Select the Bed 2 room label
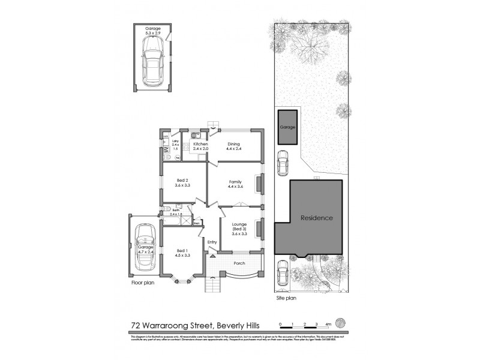pos(183,183)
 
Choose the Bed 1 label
pos(183,253)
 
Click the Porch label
pos(238,262)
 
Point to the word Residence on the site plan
pos(316,218)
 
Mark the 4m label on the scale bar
pos(328,325)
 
